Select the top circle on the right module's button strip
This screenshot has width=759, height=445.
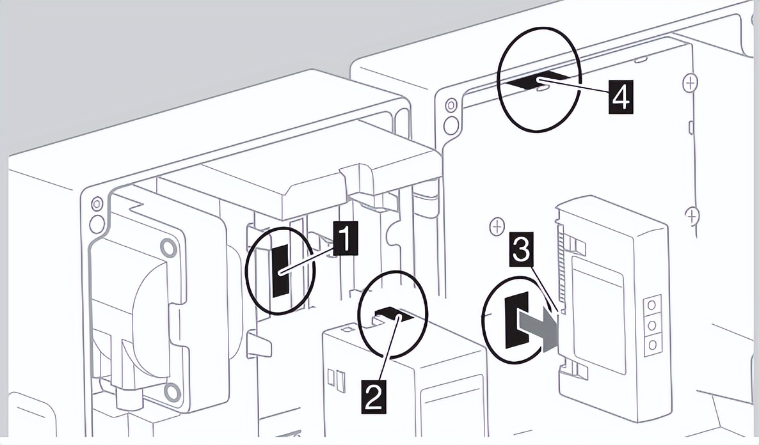click(x=651, y=303)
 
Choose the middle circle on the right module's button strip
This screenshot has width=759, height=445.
click(x=651, y=325)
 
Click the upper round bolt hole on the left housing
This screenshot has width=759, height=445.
click(x=168, y=246)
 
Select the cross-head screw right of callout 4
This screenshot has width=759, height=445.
click(x=690, y=82)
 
